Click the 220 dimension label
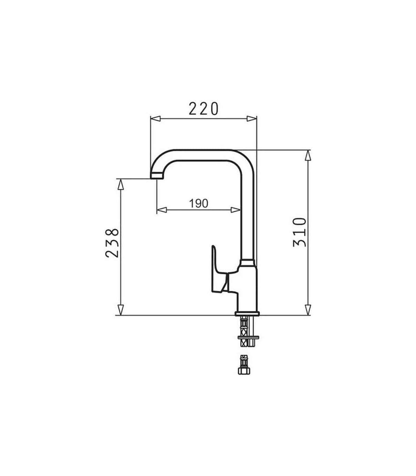pos(203,109)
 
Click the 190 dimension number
pos(199,203)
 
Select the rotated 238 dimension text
pos(112,243)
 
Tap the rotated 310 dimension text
pos(300,232)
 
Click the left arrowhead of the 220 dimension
pos(155,119)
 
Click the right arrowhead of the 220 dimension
pos(252,119)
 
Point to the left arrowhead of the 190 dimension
pos(162,210)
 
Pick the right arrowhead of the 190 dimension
pos(235,210)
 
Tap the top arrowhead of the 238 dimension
pos(120,184)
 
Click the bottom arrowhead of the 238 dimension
pos(120,310)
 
